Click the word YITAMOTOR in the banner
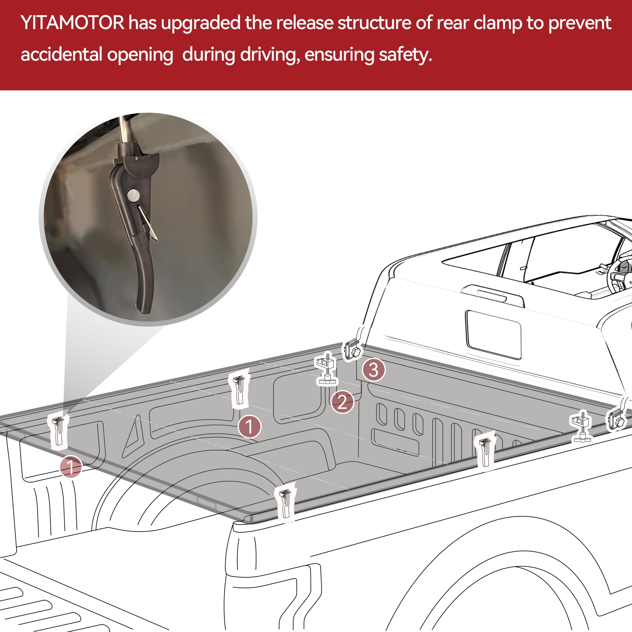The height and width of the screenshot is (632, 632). pyautogui.click(x=72, y=23)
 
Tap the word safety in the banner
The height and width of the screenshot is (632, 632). pyautogui.click(x=405, y=55)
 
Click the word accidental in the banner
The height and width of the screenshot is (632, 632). pyautogui.click(x=61, y=55)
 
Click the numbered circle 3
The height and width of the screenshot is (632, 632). pyautogui.click(x=374, y=370)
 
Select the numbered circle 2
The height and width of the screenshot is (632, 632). pyautogui.click(x=342, y=402)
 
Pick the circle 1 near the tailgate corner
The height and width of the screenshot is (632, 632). pyautogui.click(x=71, y=466)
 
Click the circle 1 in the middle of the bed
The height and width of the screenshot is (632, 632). pyautogui.click(x=249, y=427)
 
